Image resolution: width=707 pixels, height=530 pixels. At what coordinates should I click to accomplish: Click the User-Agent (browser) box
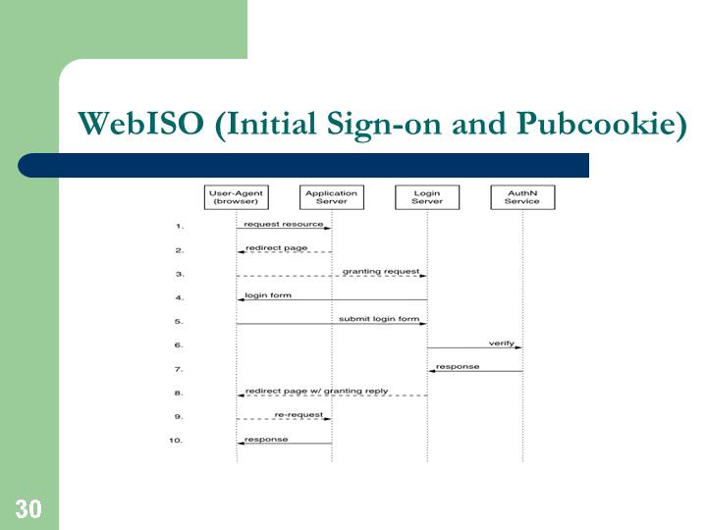tap(237, 197)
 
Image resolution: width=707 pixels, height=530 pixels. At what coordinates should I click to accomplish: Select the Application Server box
tap(332, 197)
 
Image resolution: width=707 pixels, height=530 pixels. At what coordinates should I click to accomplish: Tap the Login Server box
tap(427, 197)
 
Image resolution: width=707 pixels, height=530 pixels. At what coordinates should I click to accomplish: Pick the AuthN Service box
tap(522, 197)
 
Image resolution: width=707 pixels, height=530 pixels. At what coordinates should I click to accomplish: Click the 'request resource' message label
tap(284, 224)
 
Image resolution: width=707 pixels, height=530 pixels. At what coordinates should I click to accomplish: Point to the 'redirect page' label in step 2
tap(276, 248)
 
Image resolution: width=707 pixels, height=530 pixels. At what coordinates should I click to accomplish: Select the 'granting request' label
tap(381, 271)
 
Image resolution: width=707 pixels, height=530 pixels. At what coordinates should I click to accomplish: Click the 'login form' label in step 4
tap(268, 295)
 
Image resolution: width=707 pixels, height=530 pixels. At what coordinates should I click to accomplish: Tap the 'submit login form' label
tap(379, 319)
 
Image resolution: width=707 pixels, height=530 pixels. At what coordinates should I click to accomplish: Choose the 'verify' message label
tap(502, 343)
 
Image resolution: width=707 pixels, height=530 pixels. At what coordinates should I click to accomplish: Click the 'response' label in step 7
tap(458, 366)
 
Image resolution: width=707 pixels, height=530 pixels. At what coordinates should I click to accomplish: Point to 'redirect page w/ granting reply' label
tap(316, 391)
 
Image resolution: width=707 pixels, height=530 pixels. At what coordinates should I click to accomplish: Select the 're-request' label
tap(299, 414)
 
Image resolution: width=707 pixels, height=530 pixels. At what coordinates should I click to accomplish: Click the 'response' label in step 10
tap(266, 439)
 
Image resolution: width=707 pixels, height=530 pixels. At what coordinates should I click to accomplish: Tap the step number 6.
tap(179, 345)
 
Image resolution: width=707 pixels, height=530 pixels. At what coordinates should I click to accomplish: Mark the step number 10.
tap(176, 441)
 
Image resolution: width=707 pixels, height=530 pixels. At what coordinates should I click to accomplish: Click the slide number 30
tap(28, 509)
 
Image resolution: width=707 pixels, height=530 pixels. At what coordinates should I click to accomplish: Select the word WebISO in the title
tap(140, 123)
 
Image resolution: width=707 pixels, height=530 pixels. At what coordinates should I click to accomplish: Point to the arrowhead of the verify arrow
tap(519, 347)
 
